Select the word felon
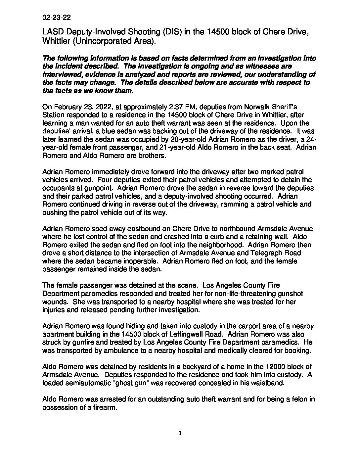pos(302,399)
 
